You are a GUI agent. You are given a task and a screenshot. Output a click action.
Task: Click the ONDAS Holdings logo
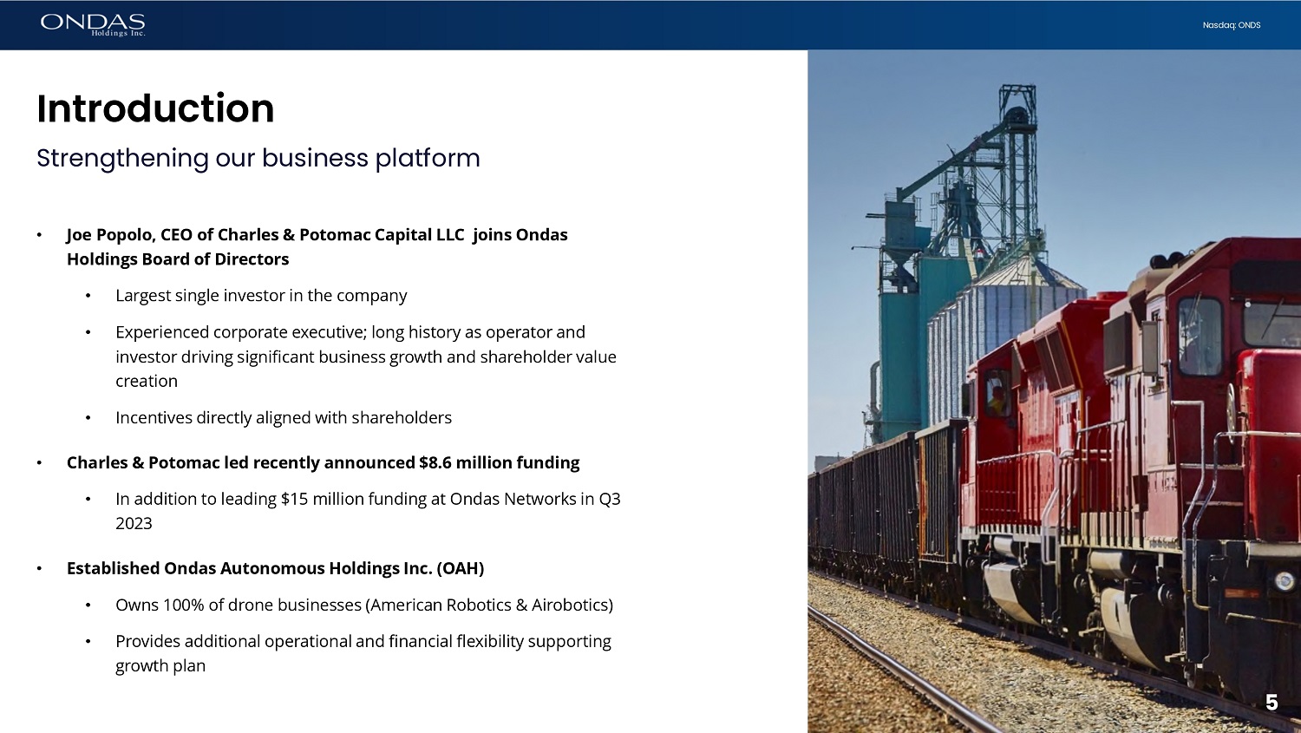93,25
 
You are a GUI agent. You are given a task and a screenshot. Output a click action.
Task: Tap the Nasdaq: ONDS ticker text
1232,25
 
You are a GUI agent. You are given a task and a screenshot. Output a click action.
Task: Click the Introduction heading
155,108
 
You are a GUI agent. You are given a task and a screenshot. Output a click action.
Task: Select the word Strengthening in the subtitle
122,159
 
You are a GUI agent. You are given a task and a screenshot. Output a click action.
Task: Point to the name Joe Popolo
110,235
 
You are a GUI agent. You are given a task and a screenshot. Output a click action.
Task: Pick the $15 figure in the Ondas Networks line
294,499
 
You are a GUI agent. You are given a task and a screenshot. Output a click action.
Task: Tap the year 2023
134,523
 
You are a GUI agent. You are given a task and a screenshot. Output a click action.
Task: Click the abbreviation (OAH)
460,568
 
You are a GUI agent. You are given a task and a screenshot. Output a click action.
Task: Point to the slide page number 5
1272,703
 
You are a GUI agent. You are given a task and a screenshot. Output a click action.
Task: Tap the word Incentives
154,417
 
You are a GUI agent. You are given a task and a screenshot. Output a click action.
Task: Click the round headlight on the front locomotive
1285,581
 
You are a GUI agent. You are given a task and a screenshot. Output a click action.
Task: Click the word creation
147,381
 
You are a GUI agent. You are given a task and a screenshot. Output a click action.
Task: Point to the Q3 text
610,500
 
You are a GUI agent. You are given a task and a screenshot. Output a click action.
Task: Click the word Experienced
162,333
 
